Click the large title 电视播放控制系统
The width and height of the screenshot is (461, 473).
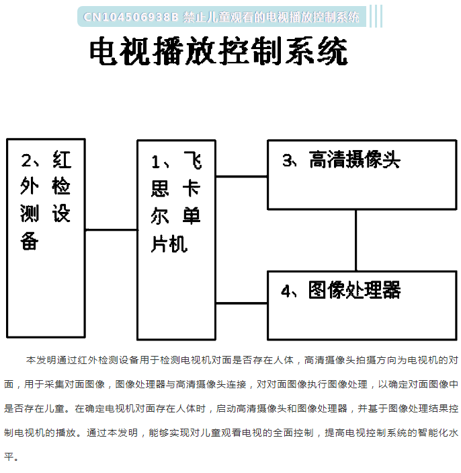[219, 50]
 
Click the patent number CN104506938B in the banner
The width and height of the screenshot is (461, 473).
[131, 17]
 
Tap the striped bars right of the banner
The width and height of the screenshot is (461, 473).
[376, 16]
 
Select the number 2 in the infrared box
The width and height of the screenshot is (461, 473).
[26, 160]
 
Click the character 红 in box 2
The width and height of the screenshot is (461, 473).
[62, 159]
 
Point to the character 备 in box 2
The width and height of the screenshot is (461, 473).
[29, 241]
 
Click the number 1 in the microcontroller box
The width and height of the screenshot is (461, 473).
[156, 162]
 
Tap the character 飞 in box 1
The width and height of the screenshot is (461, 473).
[193, 161]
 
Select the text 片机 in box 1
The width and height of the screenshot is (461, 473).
[169, 244]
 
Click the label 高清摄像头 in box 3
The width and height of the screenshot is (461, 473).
[355, 159]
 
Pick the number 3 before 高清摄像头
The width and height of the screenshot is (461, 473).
[288, 160]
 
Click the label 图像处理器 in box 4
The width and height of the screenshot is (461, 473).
[355, 290]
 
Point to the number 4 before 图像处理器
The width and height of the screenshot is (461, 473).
[286, 291]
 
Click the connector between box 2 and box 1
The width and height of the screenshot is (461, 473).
[112, 230]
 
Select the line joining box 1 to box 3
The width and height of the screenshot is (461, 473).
[242, 176]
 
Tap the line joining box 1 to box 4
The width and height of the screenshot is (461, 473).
[242, 303]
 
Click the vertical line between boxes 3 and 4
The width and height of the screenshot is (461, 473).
[356, 240]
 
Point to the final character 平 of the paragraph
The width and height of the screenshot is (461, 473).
[9, 457]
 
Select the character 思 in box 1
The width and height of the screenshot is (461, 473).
[160, 188]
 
